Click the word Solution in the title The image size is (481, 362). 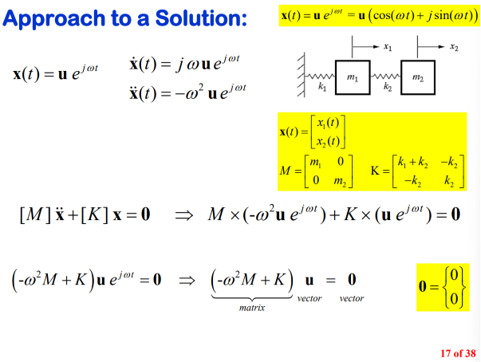tap(207, 18)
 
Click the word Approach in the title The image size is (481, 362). tap(52, 18)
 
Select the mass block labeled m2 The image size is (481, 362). tap(418, 77)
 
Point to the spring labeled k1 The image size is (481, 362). tap(321, 77)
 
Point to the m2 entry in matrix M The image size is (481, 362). tap(337, 182)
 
